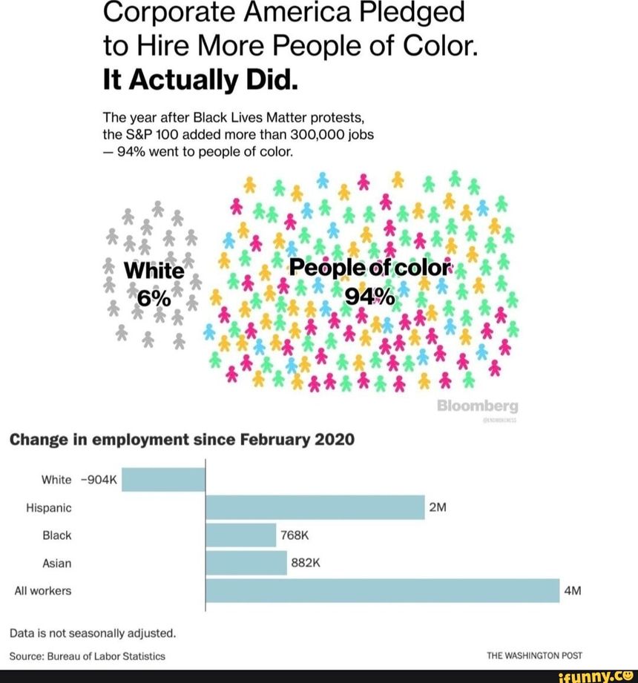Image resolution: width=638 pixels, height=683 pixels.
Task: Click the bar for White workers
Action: coord(162,479)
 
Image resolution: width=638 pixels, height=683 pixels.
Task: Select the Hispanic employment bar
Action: coord(315,507)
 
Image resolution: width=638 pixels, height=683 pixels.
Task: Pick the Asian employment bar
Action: coord(246,563)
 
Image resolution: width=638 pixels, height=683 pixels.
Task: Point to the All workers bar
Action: coord(382,591)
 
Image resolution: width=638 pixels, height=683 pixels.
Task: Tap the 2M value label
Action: coord(437,508)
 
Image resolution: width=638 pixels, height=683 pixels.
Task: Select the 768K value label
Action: coord(295,535)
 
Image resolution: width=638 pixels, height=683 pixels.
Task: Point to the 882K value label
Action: coord(305,564)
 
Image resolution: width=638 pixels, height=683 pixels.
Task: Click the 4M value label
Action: coord(572,592)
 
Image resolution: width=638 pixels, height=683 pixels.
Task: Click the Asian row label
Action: coord(57,564)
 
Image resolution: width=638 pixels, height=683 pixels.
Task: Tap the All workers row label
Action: coord(43,592)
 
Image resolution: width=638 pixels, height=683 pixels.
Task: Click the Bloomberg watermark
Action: coord(478,406)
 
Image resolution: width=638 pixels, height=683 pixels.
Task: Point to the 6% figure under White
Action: coord(154,297)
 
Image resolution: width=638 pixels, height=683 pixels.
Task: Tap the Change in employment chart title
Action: coord(182,440)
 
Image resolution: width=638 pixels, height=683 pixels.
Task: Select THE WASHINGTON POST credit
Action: coord(534,656)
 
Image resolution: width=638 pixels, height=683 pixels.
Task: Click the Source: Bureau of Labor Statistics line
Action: coord(88,656)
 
